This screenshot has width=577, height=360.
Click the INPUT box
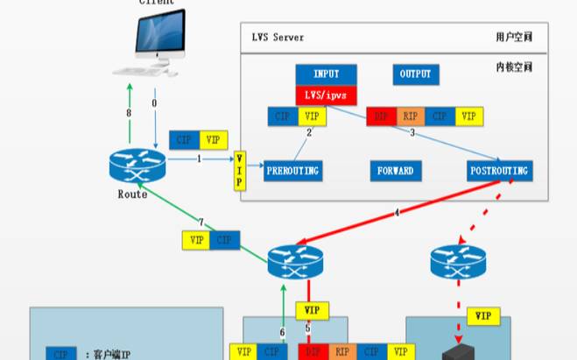[x=326, y=74]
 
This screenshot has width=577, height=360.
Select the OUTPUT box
[x=415, y=74]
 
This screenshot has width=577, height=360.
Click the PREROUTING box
[x=292, y=170]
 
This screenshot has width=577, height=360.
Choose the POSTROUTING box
[x=499, y=170]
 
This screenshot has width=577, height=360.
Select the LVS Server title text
[x=278, y=38]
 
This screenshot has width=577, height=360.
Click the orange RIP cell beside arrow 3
[x=410, y=116]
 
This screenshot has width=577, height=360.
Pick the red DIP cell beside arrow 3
[x=381, y=116]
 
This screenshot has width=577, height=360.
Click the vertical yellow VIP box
[x=241, y=170]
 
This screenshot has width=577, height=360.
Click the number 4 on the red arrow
[x=397, y=213]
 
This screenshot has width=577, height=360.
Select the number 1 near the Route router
[x=200, y=159]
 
